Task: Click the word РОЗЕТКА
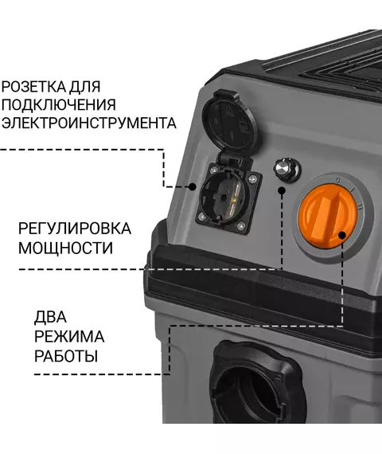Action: pyautogui.click(x=33, y=87)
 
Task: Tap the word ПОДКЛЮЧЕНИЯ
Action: pyautogui.click(x=58, y=104)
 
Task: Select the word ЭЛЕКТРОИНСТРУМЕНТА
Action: pyautogui.click(x=88, y=123)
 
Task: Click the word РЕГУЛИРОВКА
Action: pyautogui.click(x=75, y=229)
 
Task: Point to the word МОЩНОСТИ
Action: pyautogui.click(x=65, y=249)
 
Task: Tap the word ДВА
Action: pyautogui.click(x=50, y=316)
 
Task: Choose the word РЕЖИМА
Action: pyautogui.click(x=69, y=336)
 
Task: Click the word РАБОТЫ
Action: pyautogui.click(x=66, y=356)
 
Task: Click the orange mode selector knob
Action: pyautogui.click(x=328, y=217)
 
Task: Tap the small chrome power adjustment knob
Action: pyautogui.click(x=287, y=170)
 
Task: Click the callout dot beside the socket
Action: pyautogui.click(x=192, y=186)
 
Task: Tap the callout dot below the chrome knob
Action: pyautogui.click(x=282, y=190)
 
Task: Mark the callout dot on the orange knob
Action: pyautogui.click(x=342, y=235)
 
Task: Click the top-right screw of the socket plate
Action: pyautogui.click(x=252, y=179)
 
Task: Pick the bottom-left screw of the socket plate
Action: pyautogui.click(x=201, y=216)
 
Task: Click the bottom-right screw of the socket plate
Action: pyautogui.click(x=241, y=225)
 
